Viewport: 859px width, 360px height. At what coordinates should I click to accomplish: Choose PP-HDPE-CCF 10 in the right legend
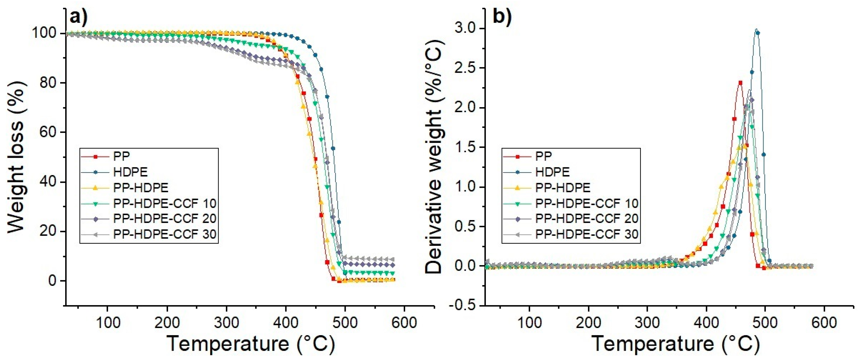[x=587, y=203]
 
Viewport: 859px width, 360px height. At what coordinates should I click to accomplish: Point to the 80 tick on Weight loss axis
[x=48, y=83]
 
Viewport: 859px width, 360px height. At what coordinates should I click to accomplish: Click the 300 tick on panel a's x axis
[x=226, y=323]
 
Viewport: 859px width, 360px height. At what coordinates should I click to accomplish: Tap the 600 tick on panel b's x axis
[x=824, y=323]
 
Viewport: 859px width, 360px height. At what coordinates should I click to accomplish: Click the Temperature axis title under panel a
[x=250, y=344]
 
